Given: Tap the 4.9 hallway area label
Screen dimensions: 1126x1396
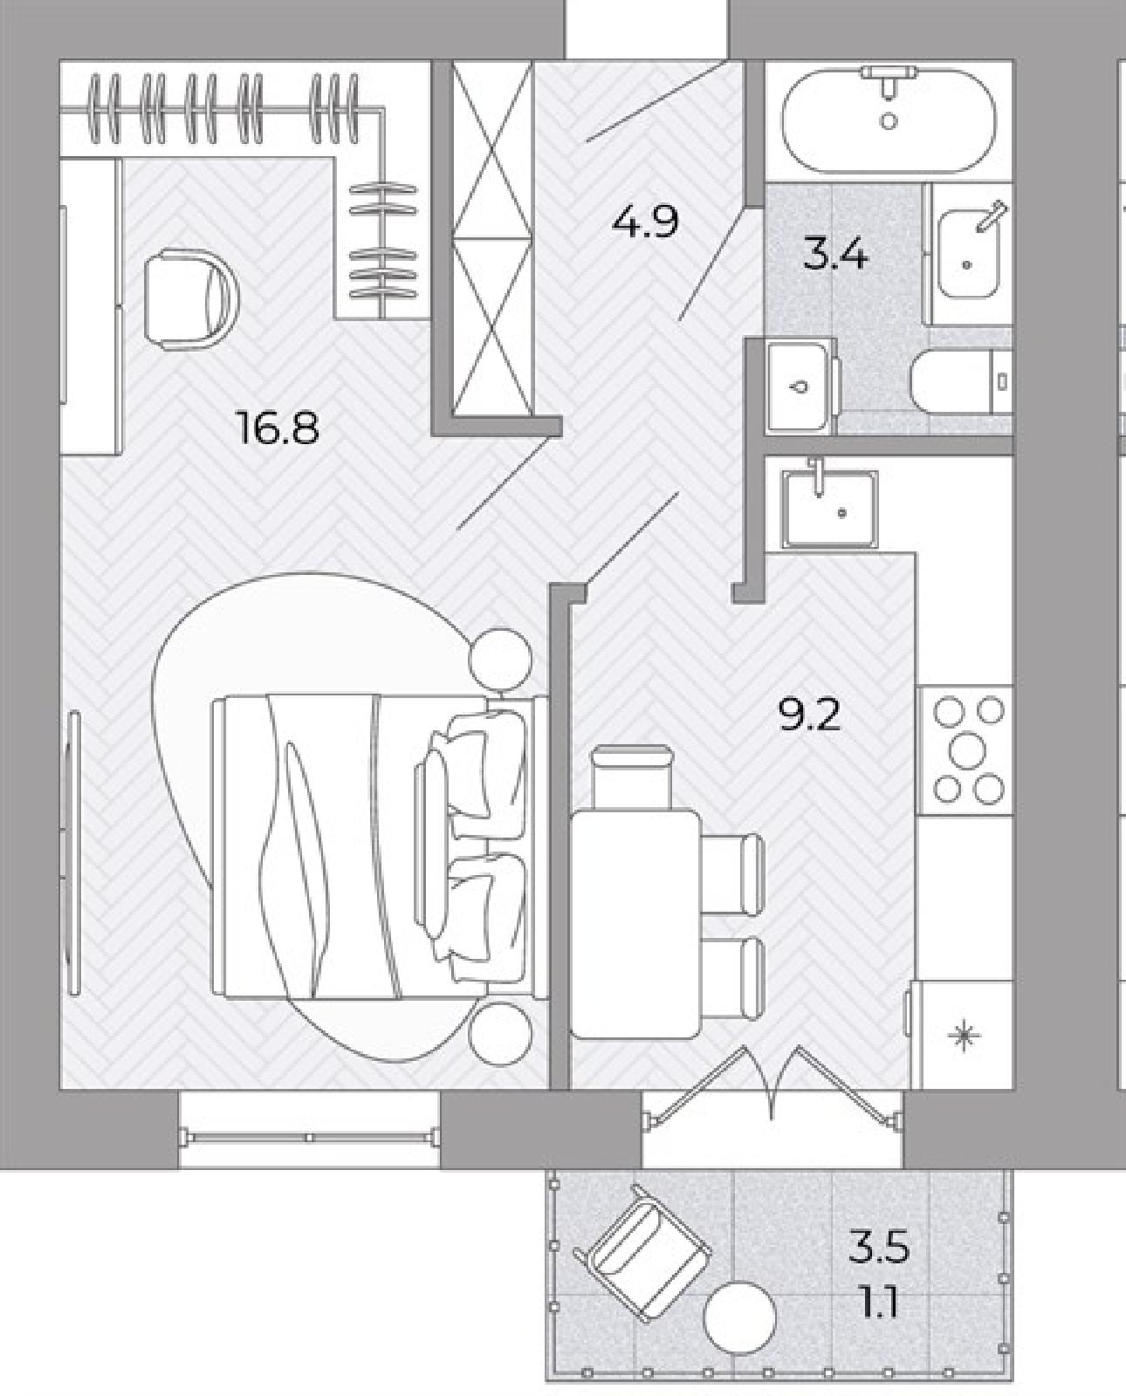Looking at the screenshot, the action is (644, 222).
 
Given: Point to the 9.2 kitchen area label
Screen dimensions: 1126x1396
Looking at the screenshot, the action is (809, 715).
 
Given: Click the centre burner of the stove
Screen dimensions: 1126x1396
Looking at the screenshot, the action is (967, 749).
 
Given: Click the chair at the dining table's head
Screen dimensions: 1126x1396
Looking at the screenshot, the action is (633, 777).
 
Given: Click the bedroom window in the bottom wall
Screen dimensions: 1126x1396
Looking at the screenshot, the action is (309, 1139).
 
